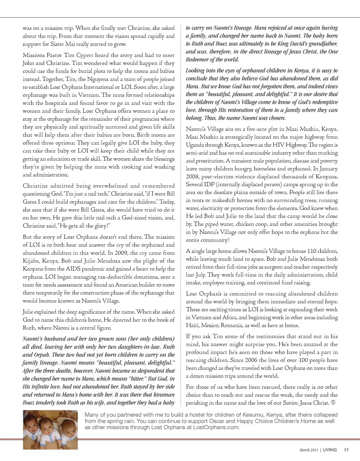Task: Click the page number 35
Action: point(346,449)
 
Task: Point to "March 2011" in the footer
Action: point(309,449)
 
